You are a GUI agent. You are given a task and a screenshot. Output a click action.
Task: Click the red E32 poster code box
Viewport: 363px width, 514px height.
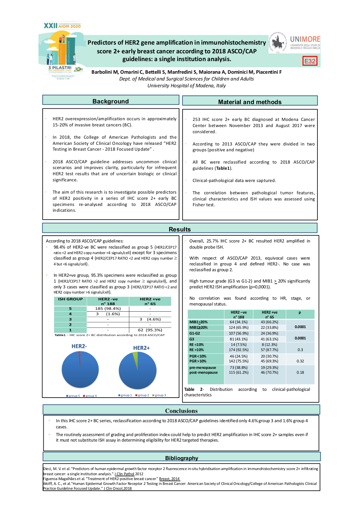tap(310, 61)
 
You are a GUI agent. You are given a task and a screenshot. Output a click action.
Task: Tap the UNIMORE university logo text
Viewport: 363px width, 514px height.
tap(305, 39)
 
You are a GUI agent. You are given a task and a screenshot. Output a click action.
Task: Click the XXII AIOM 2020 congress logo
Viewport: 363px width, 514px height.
tap(62, 26)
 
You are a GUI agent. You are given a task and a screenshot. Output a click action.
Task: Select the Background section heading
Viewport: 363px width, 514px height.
tap(111, 101)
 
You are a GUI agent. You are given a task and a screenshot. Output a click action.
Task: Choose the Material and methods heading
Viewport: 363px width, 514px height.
tap(250, 102)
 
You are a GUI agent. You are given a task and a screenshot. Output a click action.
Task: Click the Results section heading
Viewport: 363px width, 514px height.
tap(180, 229)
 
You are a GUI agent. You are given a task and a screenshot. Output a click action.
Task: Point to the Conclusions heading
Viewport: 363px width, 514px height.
tap(181, 411)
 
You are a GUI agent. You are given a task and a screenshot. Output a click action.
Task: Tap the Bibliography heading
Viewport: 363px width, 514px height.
tap(181, 458)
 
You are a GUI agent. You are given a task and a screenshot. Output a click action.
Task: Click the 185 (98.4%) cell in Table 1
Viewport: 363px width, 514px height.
tap(108, 309)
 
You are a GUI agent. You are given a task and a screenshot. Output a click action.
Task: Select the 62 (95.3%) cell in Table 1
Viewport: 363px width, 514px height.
tap(150, 330)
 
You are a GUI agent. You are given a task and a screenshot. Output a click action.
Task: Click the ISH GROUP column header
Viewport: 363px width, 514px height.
tap(70, 299)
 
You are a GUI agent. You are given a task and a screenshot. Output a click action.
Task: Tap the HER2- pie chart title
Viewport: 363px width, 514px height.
tap(79, 346)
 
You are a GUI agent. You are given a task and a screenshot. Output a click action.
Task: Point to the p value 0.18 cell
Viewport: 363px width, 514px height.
tap(300, 372)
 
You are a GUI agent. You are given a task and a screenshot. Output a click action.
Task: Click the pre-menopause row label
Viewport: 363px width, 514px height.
tap(203, 368)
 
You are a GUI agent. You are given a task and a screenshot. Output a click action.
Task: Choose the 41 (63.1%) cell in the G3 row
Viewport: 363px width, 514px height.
tap(270, 339)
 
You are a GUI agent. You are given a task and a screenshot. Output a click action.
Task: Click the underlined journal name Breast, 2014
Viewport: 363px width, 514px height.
tap(169, 479)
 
